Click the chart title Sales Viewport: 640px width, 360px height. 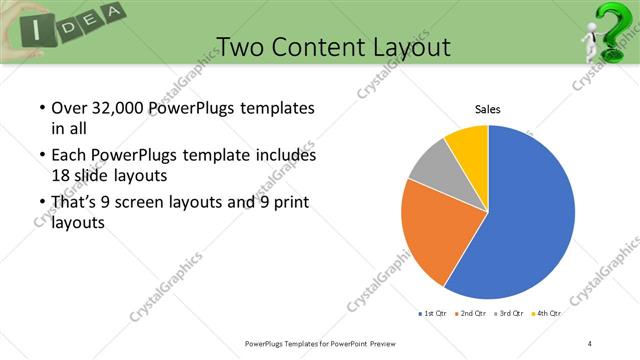point(487,109)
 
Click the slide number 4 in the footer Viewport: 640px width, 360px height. point(590,343)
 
